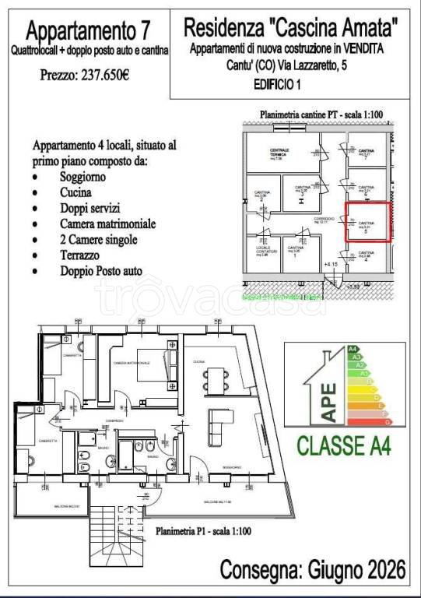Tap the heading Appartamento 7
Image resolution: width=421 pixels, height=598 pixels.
(x=88, y=31)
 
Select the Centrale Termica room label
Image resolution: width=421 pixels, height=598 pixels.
(x=280, y=153)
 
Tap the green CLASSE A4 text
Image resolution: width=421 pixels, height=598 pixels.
(x=343, y=446)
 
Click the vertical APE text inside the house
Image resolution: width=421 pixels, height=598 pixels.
(x=330, y=402)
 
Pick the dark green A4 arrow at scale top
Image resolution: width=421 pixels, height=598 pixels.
(x=353, y=349)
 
